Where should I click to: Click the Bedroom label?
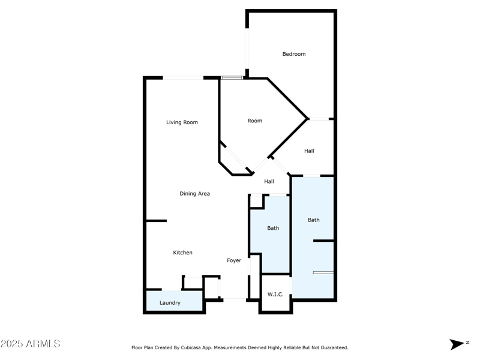point(294,54)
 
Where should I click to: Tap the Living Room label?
point(182,122)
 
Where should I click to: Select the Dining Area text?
point(194,194)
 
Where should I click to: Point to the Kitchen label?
point(182,253)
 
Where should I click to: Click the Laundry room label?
point(170,303)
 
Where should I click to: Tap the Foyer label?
point(234,260)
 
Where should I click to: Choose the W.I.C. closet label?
point(275,295)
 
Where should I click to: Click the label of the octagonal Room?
point(255,121)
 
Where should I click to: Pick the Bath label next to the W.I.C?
point(273,228)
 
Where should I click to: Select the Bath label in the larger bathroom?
point(314,220)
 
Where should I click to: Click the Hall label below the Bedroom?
point(309,151)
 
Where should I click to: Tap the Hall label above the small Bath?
point(269,182)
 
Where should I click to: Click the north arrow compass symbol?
point(457,344)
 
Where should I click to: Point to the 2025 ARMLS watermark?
point(31,344)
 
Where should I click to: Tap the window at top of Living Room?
point(183,77)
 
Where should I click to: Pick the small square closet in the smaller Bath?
point(256,202)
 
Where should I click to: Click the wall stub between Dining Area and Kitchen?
point(156,221)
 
